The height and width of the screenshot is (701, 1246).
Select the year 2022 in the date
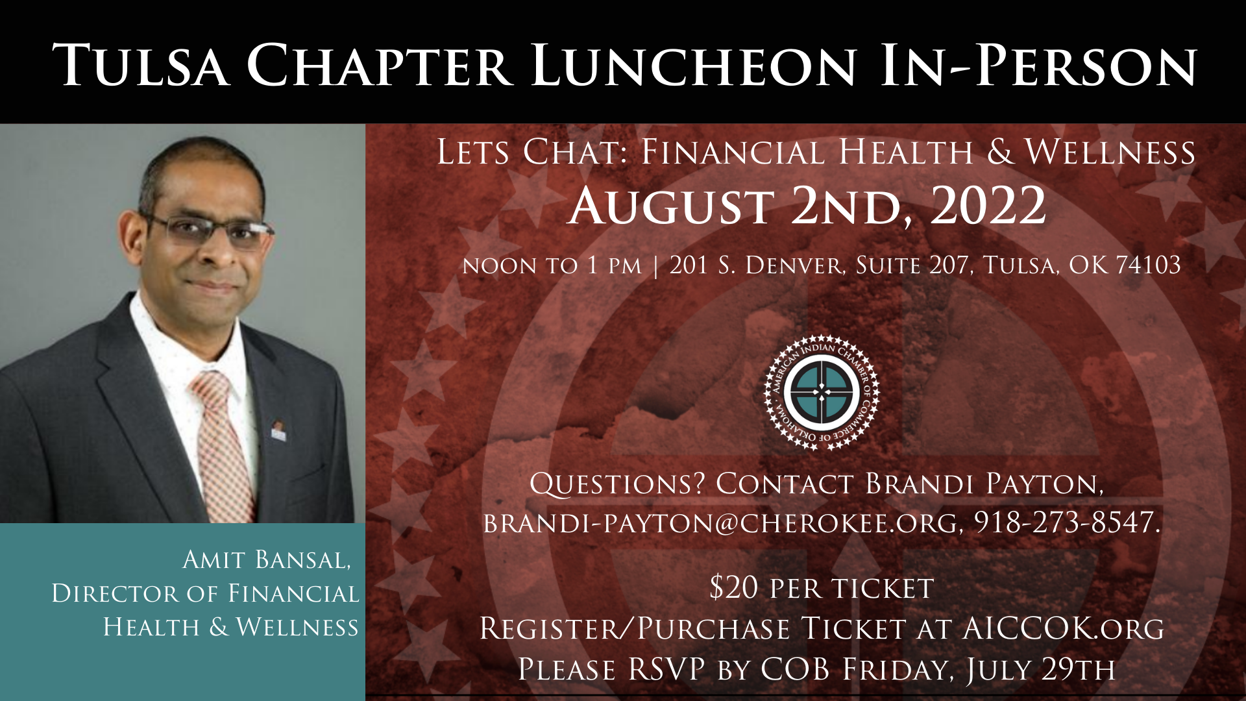[x=988, y=206]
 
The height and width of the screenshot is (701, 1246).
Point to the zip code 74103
[x=1148, y=265]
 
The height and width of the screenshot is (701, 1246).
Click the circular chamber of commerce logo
[x=821, y=392]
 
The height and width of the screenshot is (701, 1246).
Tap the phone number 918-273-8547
[x=1067, y=522]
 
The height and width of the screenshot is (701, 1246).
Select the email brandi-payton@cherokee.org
[x=720, y=523]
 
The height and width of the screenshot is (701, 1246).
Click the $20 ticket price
[x=733, y=587]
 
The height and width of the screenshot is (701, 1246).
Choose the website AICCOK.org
[x=1064, y=628]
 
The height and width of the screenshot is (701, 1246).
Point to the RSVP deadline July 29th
[x=1040, y=669]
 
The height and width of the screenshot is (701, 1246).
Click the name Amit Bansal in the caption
[x=267, y=560]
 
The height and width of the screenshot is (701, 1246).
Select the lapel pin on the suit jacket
[x=278, y=430]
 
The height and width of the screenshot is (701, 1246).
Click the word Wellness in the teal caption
[x=297, y=627]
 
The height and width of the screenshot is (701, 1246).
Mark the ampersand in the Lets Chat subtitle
[x=1000, y=153]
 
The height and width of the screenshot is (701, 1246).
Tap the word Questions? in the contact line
[x=617, y=485]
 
